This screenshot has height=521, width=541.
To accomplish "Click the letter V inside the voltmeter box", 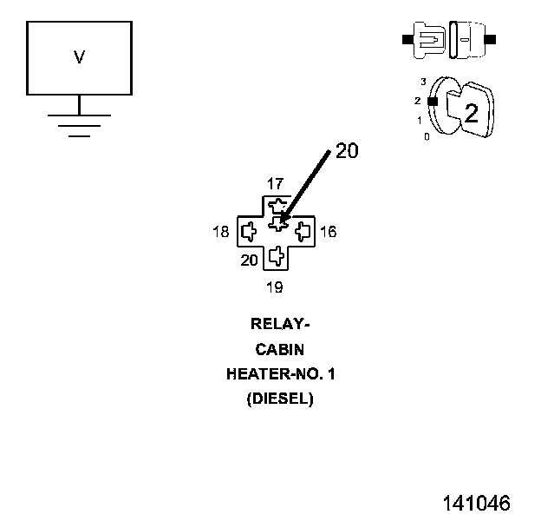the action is click(x=80, y=57).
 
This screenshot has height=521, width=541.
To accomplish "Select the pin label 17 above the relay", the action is click(x=276, y=184).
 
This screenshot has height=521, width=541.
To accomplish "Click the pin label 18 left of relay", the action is click(x=221, y=232).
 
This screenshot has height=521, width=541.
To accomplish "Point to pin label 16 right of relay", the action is click(x=328, y=232).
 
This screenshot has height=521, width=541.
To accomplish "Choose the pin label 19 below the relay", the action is click(x=275, y=287).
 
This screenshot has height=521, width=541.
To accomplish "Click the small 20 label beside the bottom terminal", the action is click(x=249, y=260).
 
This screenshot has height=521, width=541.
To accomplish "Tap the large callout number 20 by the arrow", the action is click(x=347, y=150).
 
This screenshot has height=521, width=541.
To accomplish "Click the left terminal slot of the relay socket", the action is click(x=249, y=232).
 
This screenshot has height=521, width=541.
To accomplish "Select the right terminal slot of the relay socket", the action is click(x=303, y=232).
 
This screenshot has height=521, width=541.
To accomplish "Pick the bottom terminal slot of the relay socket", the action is click(x=277, y=256).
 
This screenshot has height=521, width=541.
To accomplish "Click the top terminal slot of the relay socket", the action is click(x=277, y=206).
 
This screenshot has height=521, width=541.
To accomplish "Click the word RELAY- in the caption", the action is click(x=280, y=324).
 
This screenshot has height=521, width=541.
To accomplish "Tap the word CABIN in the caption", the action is click(x=280, y=350).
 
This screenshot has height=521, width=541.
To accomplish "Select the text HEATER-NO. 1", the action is click(x=281, y=374).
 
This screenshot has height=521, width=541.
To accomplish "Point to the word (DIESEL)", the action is click(x=280, y=399).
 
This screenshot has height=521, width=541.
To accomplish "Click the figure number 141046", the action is click(x=477, y=503).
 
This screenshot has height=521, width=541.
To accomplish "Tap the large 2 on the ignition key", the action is click(x=472, y=113).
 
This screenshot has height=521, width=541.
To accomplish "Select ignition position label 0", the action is click(x=427, y=137).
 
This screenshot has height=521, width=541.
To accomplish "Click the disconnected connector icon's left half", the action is click(x=424, y=40).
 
